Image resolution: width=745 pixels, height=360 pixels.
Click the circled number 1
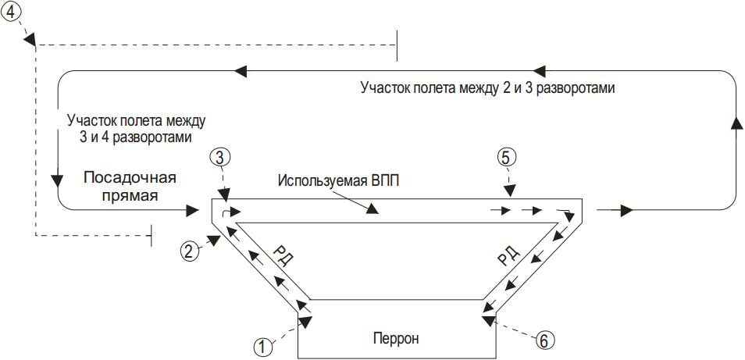coord(262,347)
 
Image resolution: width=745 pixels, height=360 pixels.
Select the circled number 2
coord(189,251)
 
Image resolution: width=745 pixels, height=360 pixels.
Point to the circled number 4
coord(12,13)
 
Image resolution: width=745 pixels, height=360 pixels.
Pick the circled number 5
coord(505,156)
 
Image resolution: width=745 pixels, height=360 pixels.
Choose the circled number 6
coord(544,340)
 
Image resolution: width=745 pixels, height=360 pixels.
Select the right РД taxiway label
coord(508,257)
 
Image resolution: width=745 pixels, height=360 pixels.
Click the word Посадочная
coord(130,179)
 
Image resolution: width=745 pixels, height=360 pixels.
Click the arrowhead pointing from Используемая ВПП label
coord(373,209)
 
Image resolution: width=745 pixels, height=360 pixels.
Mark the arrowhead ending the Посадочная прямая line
coord(192,209)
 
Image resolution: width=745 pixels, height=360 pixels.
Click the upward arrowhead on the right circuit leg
coord(736,122)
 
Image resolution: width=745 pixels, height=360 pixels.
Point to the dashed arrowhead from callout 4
coord(31,39)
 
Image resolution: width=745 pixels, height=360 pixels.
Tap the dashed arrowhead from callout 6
coord(488,321)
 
